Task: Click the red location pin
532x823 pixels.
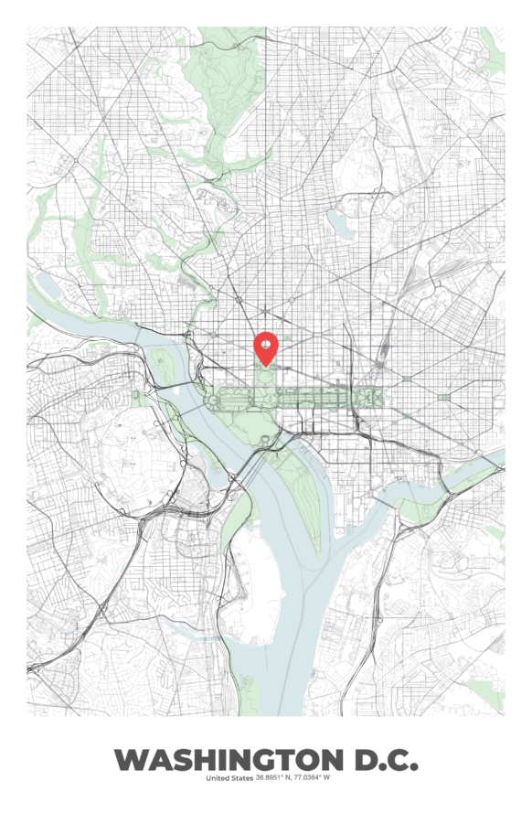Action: [265, 347]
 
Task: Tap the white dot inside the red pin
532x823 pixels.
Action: [265, 344]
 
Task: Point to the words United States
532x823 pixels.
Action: [229, 778]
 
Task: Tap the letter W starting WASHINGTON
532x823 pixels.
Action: [129, 759]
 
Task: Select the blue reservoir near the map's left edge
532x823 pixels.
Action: [48, 286]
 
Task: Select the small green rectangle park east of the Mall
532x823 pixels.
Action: [444, 397]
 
